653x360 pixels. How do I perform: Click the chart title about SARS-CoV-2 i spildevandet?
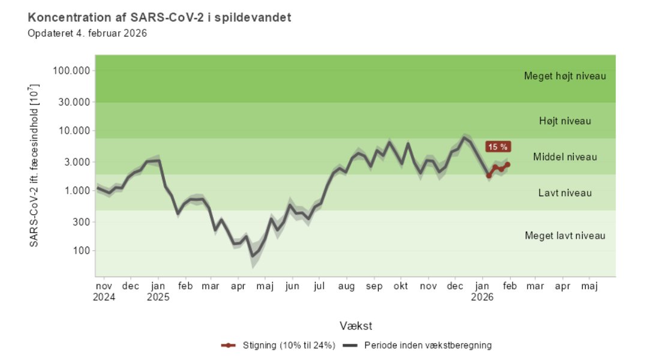(x=160, y=17)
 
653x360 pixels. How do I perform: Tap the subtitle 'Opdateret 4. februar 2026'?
(x=88, y=33)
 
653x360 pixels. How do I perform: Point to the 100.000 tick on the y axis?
(x=72, y=71)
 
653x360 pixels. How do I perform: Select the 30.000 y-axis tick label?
(x=76, y=102)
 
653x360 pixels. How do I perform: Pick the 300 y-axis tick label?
(x=83, y=222)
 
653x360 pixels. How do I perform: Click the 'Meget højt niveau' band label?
(x=565, y=76)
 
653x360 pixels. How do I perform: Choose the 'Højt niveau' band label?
(x=565, y=121)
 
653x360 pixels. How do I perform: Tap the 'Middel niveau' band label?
(x=565, y=157)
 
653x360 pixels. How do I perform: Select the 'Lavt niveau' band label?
(x=565, y=193)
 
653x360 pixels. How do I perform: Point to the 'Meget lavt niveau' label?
(x=565, y=235)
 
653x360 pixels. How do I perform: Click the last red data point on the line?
(x=508, y=164)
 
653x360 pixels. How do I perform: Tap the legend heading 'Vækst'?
(x=356, y=326)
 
